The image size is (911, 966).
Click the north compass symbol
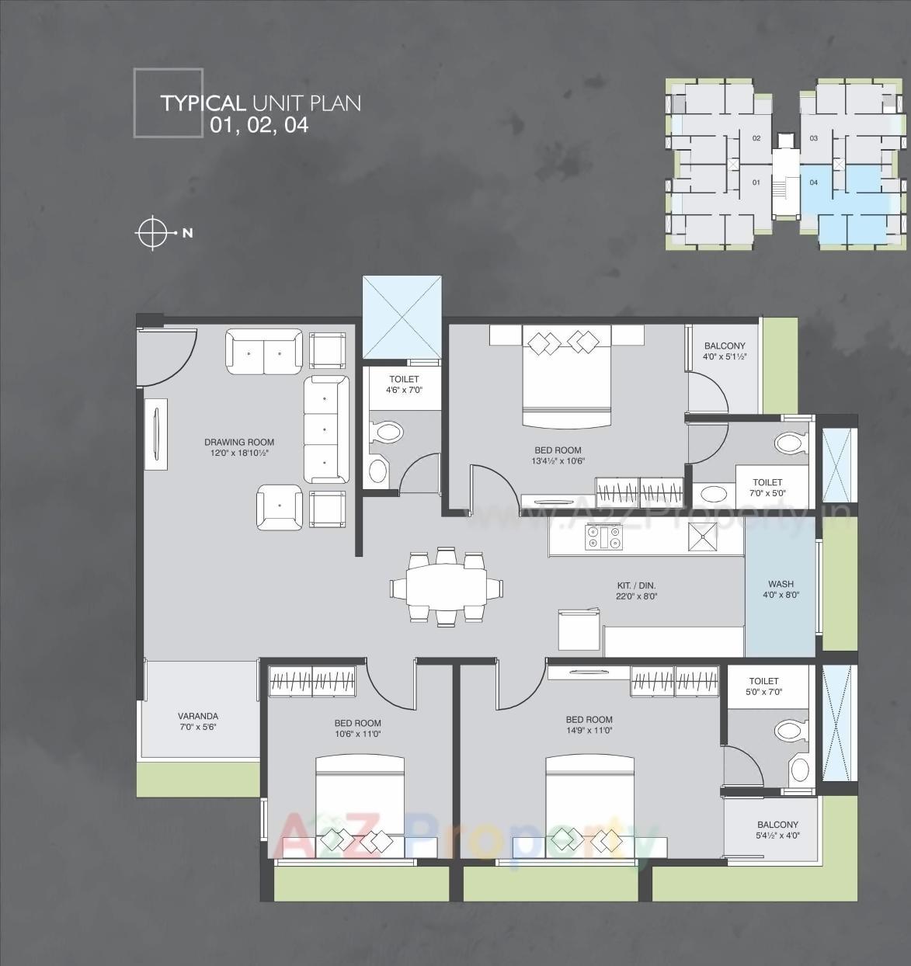[153, 232]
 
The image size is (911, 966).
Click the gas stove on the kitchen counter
[603, 537]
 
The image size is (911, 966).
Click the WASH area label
[781, 584]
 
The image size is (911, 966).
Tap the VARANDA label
[198, 716]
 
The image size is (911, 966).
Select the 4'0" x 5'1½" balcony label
[724, 346]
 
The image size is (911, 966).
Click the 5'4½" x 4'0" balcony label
[777, 825]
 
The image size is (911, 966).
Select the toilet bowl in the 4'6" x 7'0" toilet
[387, 432]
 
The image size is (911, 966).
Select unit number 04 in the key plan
[814, 182]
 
